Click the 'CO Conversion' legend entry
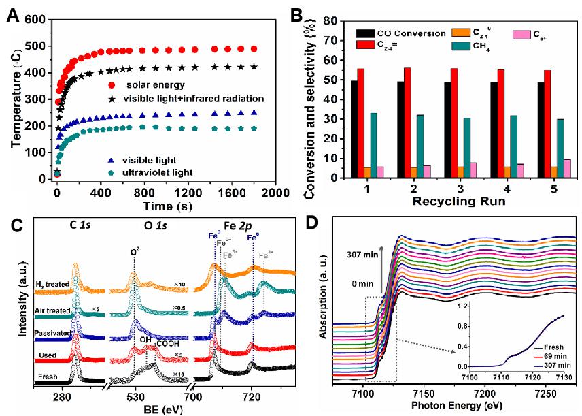coord(411,33)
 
